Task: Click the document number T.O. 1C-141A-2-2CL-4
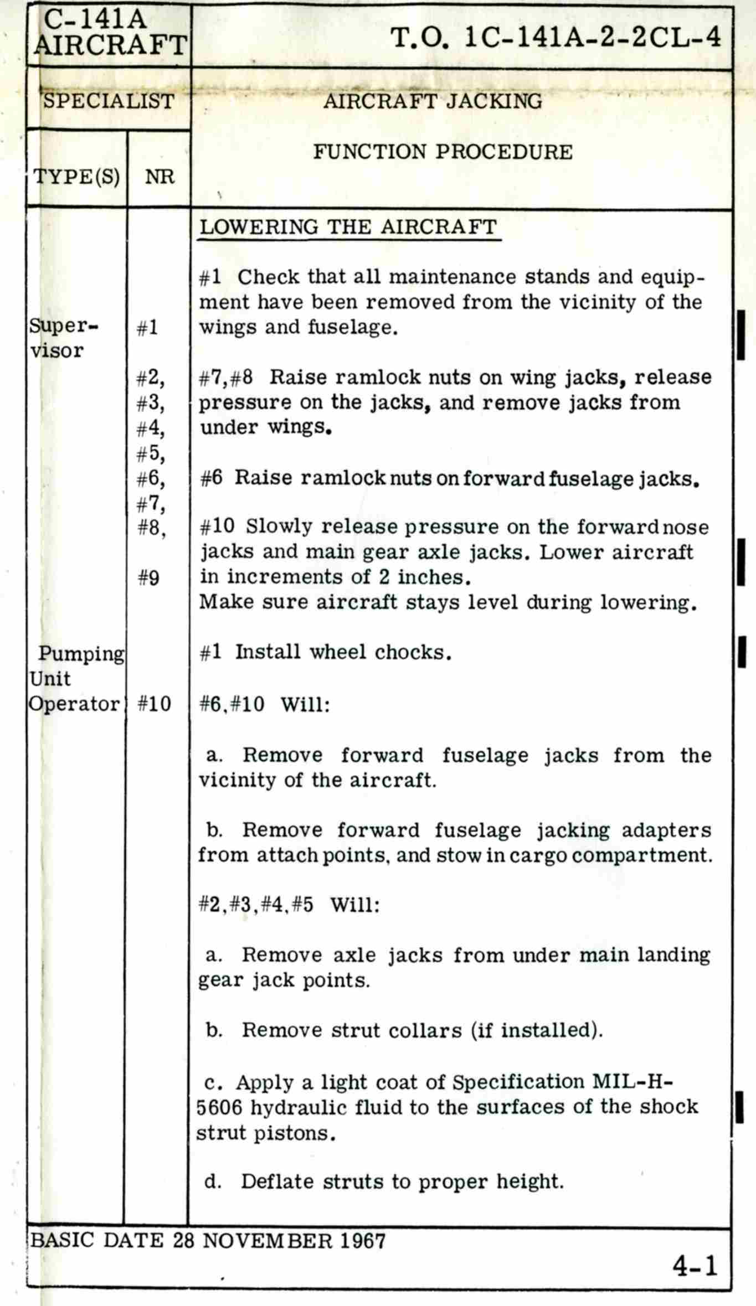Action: coord(556,38)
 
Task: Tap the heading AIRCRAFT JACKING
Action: coord(433,101)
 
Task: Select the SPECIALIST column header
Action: coord(109,101)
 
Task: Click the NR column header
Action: coord(160,177)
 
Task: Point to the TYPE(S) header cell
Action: coord(76,177)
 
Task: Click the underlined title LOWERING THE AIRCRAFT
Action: coord(348,228)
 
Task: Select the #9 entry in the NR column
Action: coord(148,578)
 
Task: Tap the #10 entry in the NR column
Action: coord(154,704)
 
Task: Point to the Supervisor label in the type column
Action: coord(62,338)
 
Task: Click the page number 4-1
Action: coord(695,1265)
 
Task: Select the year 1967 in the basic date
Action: coord(363,1241)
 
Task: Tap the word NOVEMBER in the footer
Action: coord(268,1241)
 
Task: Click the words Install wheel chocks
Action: coord(343,652)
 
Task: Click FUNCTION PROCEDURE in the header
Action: coord(443,152)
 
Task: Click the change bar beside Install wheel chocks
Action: coord(741,652)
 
